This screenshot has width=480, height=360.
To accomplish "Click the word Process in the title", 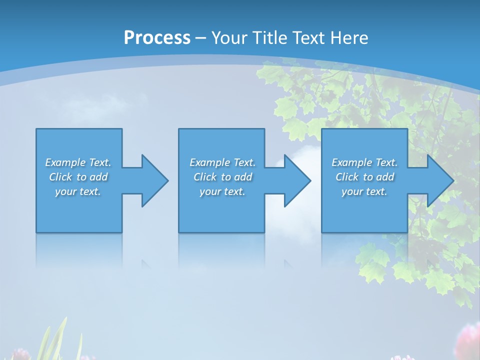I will pyautogui.click(x=157, y=38).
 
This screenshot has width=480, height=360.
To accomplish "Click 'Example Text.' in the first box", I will pyautogui.click(x=78, y=162).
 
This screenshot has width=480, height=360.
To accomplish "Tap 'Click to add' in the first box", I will pyautogui.click(x=78, y=177).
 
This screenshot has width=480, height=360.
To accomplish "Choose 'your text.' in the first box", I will pyautogui.click(x=78, y=191).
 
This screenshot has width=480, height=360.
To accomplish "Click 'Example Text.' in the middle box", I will pyautogui.click(x=222, y=162).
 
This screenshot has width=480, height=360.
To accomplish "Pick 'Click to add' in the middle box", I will pyautogui.click(x=222, y=177).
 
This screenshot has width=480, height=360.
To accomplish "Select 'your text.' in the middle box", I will pyautogui.click(x=222, y=191).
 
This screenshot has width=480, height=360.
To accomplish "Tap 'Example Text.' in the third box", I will pyautogui.click(x=364, y=162).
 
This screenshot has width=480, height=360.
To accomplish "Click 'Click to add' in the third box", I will pyautogui.click(x=364, y=177).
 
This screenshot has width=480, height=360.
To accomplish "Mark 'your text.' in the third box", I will pyautogui.click(x=364, y=191).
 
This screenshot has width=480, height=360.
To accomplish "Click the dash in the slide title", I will pyautogui.click(x=200, y=38).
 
